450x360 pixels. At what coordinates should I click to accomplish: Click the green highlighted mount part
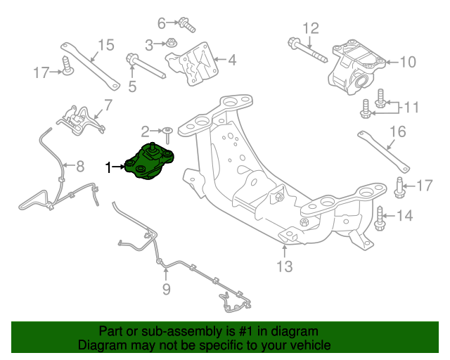(x=151, y=162)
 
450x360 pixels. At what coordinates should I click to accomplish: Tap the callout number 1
(x=108, y=167)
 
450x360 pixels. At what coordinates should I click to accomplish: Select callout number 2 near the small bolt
(x=146, y=131)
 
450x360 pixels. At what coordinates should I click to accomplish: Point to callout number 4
(x=231, y=60)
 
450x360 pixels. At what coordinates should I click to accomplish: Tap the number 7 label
(x=108, y=106)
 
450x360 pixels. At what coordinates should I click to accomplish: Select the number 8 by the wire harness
(x=79, y=167)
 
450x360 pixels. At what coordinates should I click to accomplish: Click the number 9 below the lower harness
(x=166, y=288)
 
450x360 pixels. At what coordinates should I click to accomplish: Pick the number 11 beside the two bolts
(x=411, y=107)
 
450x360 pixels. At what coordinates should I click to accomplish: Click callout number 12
(x=310, y=28)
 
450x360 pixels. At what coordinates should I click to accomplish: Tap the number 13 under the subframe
(x=284, y=266)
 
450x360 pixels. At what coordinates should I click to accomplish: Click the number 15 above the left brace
(x=105, y=46)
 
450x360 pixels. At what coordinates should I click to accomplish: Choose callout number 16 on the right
(x=397, y=131)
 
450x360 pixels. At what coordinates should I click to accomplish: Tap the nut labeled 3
(x=172, y=44)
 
